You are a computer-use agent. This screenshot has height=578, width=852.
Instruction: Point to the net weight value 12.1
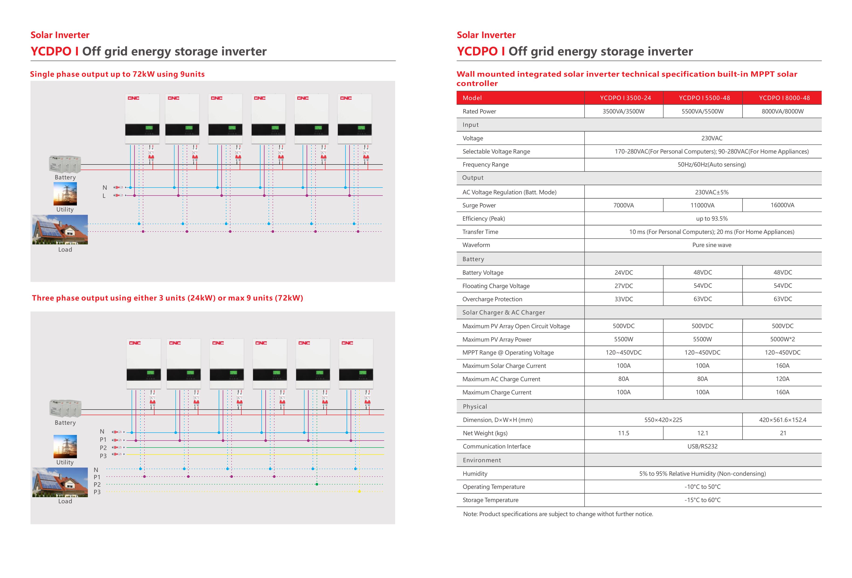(702, 433)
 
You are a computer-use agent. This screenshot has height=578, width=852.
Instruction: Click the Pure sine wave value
(711, 245)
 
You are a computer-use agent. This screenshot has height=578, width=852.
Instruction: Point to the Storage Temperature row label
(490, 500)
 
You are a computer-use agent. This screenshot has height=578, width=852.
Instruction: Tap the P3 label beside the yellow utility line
(103, 456)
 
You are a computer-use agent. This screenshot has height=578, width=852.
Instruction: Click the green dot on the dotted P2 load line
(317, 484)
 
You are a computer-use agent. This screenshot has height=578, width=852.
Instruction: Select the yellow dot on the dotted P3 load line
(359, 492)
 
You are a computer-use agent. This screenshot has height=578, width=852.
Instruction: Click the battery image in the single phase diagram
(65, 164)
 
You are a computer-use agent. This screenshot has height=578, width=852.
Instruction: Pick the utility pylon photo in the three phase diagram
(65, 446)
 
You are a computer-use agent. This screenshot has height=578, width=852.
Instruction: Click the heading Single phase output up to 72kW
(117, 74)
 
